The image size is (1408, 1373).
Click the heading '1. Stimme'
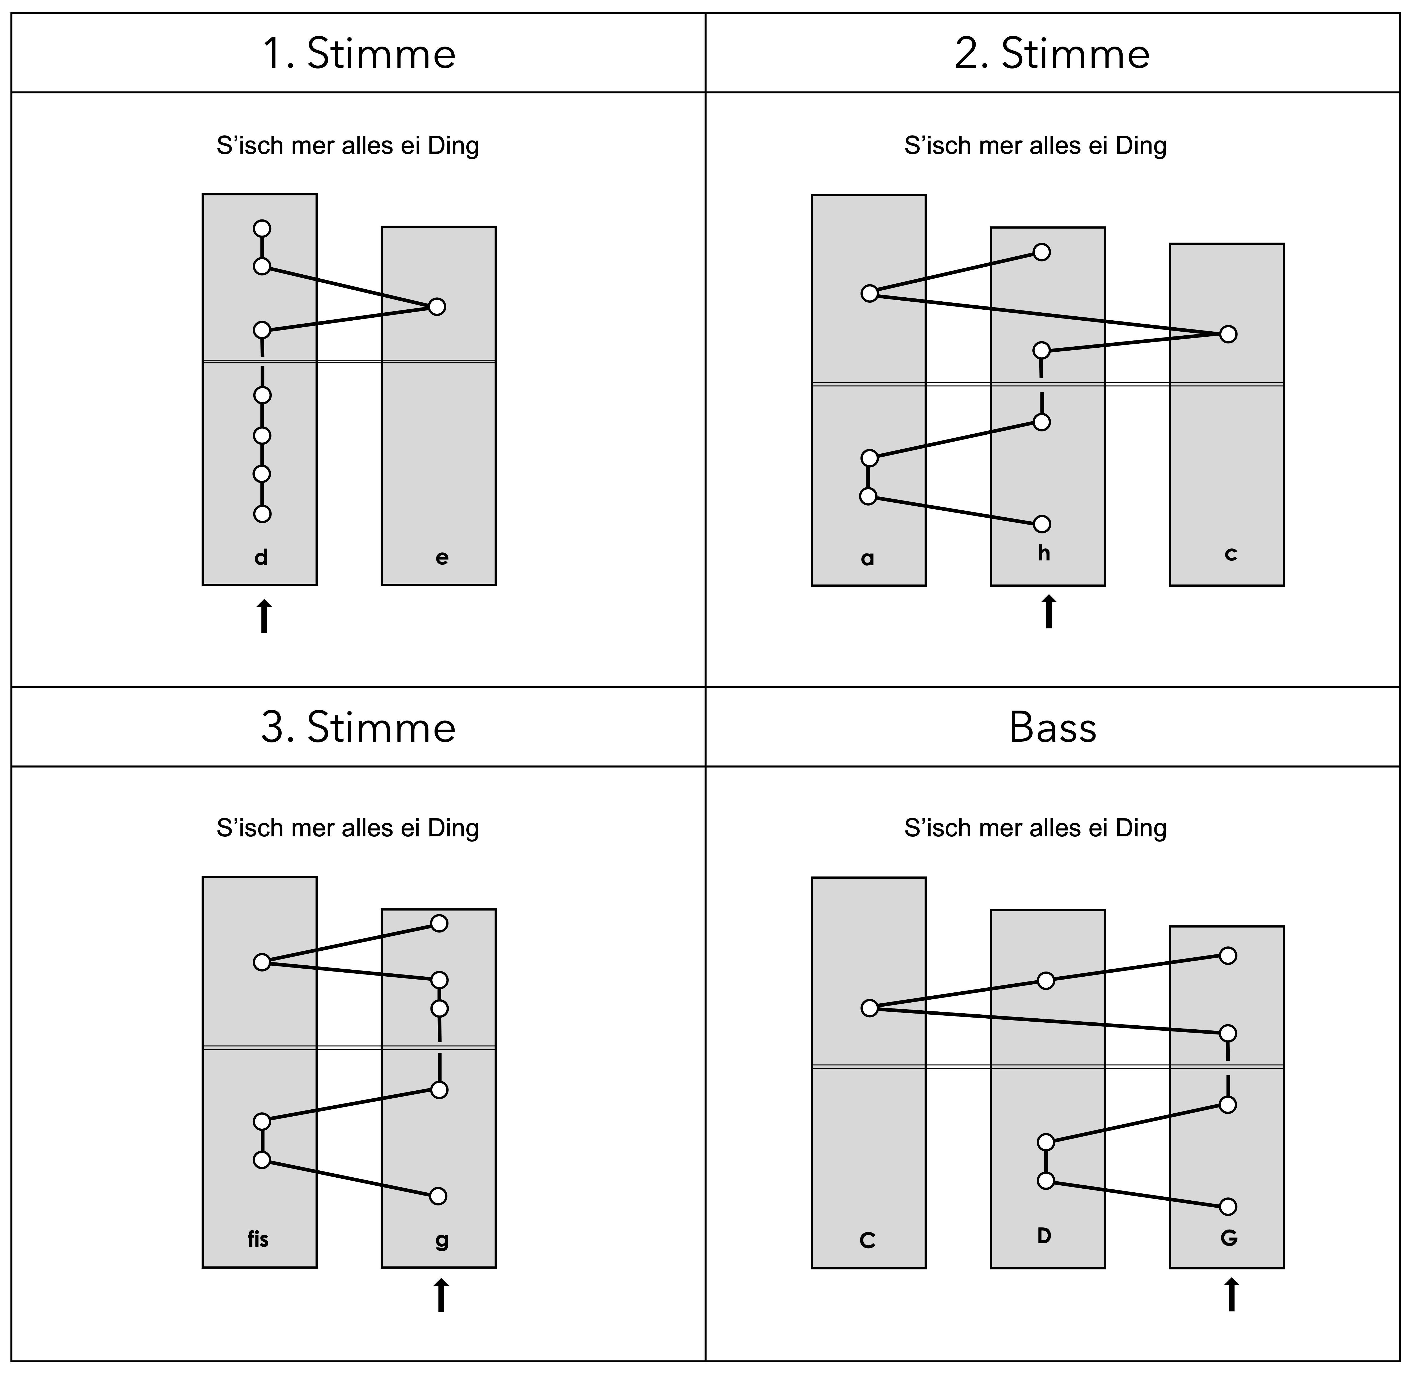[358, 54]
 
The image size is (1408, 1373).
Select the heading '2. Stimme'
[1052, 54]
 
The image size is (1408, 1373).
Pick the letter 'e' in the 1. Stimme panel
[441, 557]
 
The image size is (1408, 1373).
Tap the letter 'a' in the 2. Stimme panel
[868, 558]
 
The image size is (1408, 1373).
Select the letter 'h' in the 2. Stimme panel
[1044, 553]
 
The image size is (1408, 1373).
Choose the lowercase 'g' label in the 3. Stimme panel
[441, 1240]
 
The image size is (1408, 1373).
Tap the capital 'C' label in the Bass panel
[868, 1240]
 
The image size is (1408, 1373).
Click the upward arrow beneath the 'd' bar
[264, 617]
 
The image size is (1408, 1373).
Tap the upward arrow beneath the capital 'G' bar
[1232, 1295]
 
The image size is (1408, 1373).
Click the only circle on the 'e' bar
[436, 306]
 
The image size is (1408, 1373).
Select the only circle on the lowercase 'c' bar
[1228, 334]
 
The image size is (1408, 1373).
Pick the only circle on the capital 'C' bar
[870, 1008]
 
